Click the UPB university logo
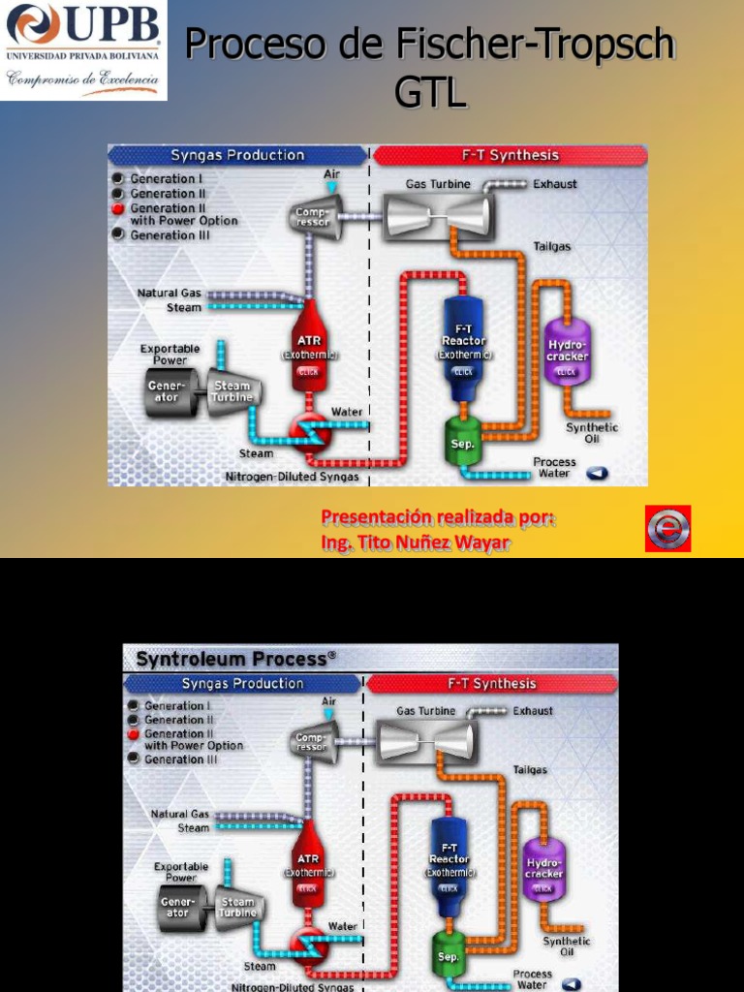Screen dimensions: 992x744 [84, 50]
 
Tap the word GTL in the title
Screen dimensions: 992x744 [431, 94]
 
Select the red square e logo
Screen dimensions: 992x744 [667, 529]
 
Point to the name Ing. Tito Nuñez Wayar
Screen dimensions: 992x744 [415, 543]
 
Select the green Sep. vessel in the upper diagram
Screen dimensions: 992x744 [463, 440]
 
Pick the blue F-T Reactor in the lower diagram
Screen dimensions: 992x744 [449, 866]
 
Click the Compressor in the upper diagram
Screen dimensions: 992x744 [314, 215]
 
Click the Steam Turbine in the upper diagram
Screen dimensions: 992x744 [232, 390]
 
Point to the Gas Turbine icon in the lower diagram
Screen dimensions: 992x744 [425, 741]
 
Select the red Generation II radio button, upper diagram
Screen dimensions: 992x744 [118, 208]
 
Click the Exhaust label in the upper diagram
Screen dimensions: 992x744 [554, 184]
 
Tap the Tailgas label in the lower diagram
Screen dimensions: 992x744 [530, 769]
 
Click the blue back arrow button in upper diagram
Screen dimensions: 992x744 [597, 474]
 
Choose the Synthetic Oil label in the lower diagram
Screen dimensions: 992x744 [566, 945]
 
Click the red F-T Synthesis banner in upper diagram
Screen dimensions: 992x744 [509, 155]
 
